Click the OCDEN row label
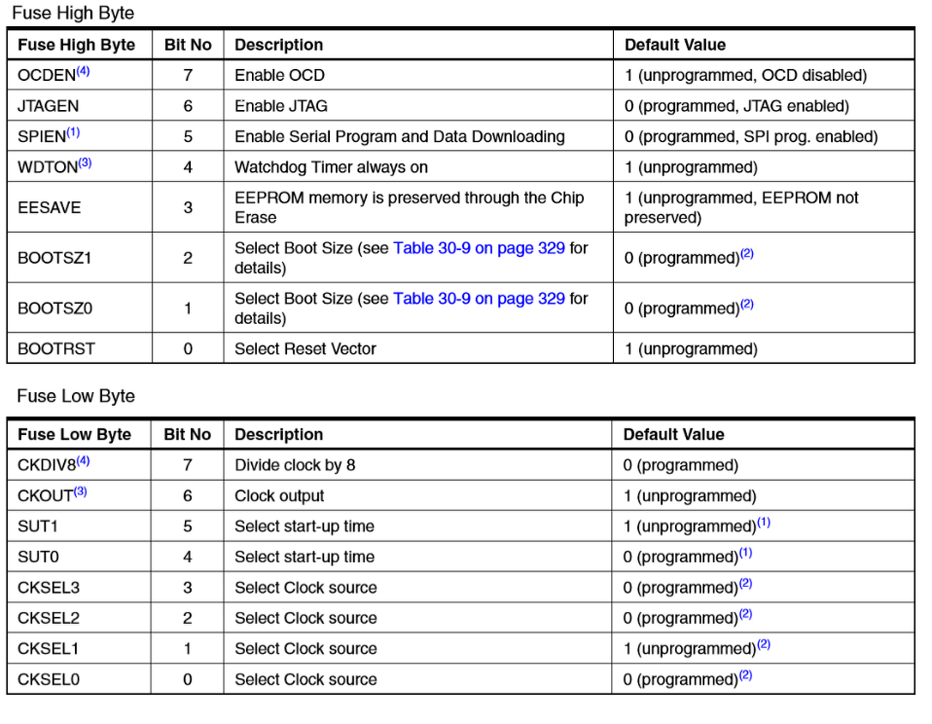(x=46, y=76)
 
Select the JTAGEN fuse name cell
(x=48, y=106)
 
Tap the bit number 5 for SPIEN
(x=188, y=137)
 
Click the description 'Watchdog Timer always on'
(x=331, y=168)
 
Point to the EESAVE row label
(x=49, y=208)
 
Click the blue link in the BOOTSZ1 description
(x=478, y=248)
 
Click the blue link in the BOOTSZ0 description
(x=478, y=299)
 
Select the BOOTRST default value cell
(x=690, y=349)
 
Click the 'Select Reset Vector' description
(x=305, y=349)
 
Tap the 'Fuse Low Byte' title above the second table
(x=76, y=396)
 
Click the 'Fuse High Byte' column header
(x=76, y=45)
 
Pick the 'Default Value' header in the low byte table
(x=674, y=435)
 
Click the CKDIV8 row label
(x=46, y=465)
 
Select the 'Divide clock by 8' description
(x=295, y=465)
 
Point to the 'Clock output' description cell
(x=279, y=496)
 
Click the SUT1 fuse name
(x=38, y=527)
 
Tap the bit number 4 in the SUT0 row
(x=187, y=557)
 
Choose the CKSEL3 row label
(x=49, y=588)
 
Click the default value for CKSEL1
(x=689, y=649)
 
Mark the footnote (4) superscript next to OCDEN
(x=83, y=71)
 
